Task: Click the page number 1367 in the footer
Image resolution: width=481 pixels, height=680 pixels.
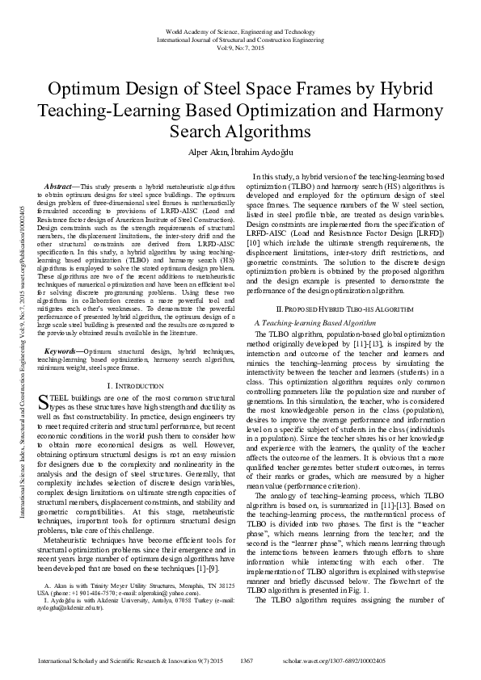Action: click(247, 661)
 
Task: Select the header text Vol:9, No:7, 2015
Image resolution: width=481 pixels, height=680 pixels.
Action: click(240, 48)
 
